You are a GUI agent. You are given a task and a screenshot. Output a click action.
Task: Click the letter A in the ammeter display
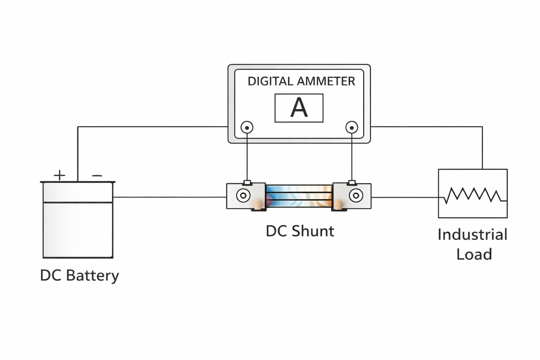coord(299,108)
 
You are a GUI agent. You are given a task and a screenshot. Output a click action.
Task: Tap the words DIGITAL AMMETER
coord(301,81)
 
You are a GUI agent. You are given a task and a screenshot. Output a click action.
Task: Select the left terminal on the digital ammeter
coord(247,127)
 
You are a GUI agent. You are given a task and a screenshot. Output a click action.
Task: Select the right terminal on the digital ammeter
coord(352,127)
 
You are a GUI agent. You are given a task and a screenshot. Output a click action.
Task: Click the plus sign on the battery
coord(59,175)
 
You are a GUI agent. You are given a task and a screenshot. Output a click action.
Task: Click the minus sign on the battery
coord(97,175)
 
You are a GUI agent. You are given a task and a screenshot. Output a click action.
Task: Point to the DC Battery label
coord(79,275)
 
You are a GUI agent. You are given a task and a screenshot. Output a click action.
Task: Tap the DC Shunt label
coord(300,231)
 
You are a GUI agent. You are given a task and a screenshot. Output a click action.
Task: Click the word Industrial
coord(472,235)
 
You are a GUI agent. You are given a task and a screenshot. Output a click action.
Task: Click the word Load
coord(474,255)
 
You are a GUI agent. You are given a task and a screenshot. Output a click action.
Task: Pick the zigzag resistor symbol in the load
coord(473,195)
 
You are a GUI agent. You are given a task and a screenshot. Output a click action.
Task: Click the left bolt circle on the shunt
coord(243,195)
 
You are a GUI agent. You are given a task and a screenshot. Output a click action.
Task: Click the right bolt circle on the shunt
coord(356,195)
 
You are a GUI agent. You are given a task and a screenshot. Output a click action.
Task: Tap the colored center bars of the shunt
coord(299,196)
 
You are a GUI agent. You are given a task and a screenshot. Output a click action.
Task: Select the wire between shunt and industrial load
coord(404,197)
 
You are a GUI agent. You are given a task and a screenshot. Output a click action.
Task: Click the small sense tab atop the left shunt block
coord(247,182)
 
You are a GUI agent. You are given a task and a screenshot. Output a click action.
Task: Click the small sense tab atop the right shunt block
coord(352,182)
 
